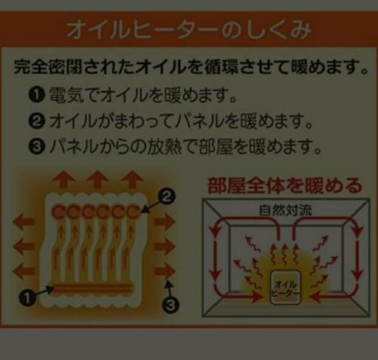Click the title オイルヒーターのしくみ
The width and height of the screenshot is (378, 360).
pos(189,30)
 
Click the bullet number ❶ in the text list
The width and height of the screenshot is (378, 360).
pos(37,94)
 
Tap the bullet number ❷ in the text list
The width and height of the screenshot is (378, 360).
pos(37,121)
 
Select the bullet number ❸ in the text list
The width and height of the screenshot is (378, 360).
pos(37,147)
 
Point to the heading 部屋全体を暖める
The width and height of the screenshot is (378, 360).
pos(285,186)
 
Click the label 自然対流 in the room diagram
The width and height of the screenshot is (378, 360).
pos(286,210)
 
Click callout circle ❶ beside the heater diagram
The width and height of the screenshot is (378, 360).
pos(27,298)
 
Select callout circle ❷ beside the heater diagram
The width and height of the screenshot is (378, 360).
pos(167,196)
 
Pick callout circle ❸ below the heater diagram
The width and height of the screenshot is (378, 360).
pos(171,305)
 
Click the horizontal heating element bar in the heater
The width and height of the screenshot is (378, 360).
pos(92,288)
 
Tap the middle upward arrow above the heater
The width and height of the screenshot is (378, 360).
pos(98,179)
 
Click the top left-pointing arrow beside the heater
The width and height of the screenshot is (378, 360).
pos(23,221)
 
